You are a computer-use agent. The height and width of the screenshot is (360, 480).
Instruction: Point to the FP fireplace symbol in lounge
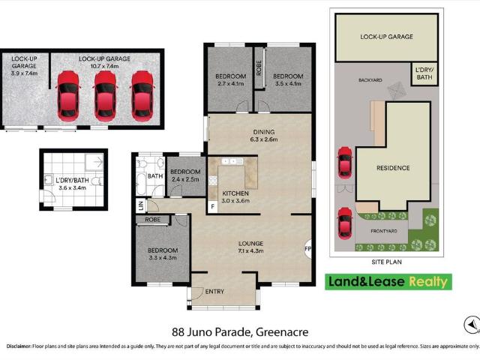click(x=307, y=249)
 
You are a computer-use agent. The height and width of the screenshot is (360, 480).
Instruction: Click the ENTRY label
click(x=214, y=292)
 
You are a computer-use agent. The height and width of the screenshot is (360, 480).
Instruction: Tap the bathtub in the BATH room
click(x=142, y=185)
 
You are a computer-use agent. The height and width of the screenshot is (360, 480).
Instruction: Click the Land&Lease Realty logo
click(x=388, y=282)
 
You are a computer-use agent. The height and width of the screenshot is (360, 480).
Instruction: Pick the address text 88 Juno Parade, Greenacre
click(x=239, y=331)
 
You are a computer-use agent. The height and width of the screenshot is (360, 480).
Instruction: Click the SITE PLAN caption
click(x=388, y=262)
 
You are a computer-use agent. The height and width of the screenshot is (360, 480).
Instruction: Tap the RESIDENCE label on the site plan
click(x=393, y=168)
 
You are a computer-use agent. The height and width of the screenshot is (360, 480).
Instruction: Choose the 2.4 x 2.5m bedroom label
click(x=185, y=175)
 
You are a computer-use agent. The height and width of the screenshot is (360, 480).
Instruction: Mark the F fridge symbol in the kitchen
click(x=213, y=205)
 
